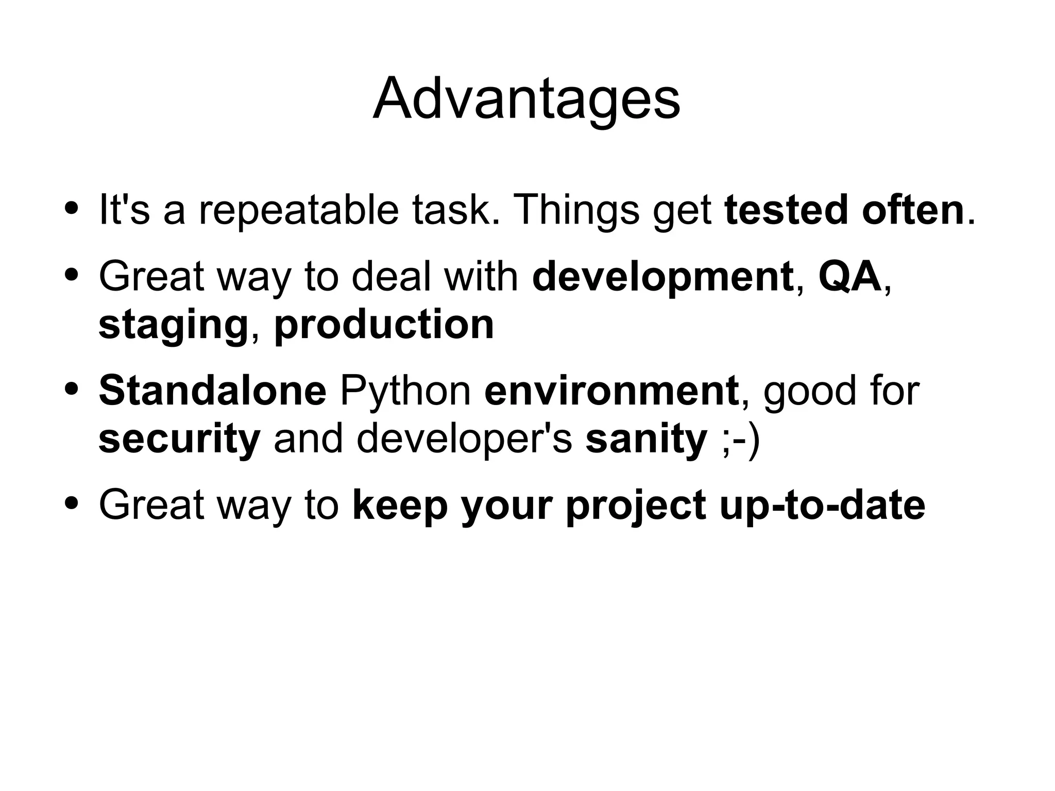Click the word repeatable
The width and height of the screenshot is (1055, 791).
(x=299, y=210)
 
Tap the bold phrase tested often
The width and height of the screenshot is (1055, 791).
(x=844, y=210)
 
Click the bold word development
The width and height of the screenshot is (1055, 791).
(x=662, y=277)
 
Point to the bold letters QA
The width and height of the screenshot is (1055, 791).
(x=849, y=276)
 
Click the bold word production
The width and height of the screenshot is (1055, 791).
(x=384, y=325)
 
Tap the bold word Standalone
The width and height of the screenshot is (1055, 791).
(x=212, y=391)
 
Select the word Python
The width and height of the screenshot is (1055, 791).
(x=405, y=391)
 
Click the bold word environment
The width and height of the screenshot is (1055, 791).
(x=611, y=391)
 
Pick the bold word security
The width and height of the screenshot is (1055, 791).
(x=179, y=439)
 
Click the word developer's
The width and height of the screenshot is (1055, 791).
(x=464, y=439)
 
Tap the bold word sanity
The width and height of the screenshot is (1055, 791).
(x=646, y=439)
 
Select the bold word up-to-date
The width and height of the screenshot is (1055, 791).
(x=822, y=506)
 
